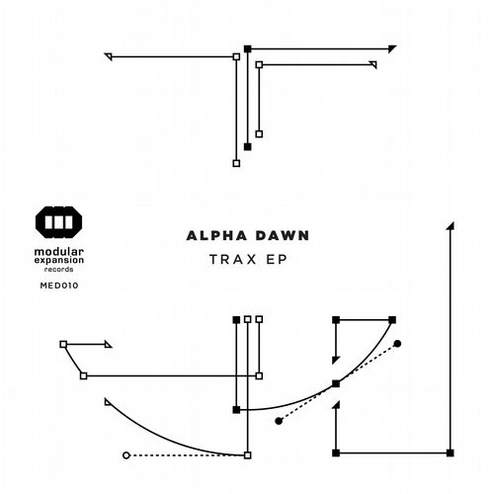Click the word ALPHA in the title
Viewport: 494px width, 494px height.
[216, 236]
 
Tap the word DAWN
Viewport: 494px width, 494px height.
[283, 236]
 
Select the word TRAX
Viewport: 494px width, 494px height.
[233, 260]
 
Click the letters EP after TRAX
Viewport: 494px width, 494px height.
[277, 260]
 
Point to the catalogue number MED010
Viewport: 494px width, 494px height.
[59, 286]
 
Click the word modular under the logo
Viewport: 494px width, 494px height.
[59, 252]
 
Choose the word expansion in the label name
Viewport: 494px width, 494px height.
[59, 260]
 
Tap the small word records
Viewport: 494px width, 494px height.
[59, 269]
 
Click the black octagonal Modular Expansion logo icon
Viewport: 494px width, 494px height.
[59, 222]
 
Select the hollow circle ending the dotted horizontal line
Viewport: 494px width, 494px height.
[126, 455]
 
